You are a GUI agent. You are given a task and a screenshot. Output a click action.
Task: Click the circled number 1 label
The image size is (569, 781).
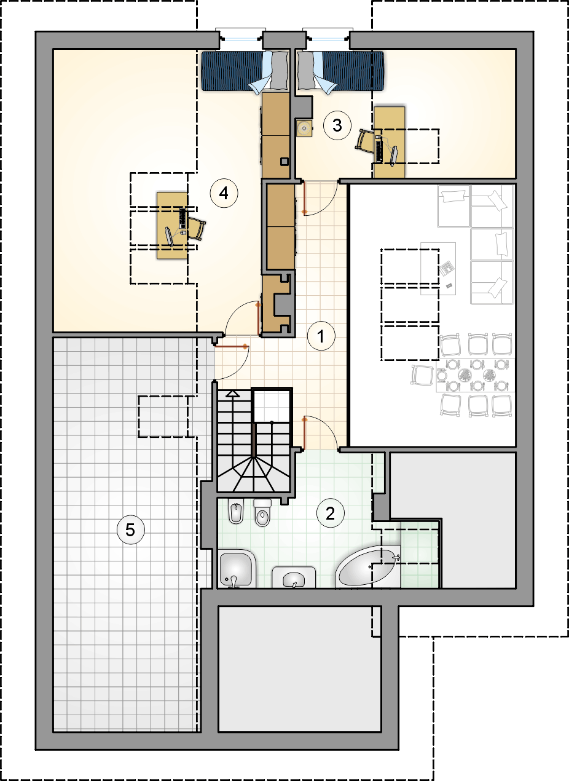(x=321, y=336)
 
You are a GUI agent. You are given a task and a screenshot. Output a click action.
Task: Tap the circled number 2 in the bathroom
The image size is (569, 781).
(x=331, y=513)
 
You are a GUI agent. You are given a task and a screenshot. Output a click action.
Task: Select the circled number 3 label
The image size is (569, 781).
(x=337, y=125)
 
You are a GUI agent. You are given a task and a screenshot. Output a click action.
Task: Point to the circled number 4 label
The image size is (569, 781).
(x=224, y=193)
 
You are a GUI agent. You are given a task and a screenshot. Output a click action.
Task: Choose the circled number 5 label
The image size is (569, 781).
(x=130, y=530)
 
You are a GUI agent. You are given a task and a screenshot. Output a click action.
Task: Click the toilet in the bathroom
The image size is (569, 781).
(x=262, y=513)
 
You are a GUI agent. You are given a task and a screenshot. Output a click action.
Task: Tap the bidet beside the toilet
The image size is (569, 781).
(x=236, y=512)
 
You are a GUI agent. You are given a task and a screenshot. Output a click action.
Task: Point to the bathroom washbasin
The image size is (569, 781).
(x=294, y=577)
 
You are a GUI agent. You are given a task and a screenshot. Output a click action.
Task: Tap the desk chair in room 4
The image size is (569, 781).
(x=197, y=228)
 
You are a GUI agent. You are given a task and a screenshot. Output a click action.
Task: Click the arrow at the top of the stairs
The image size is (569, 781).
(x=233, y=394)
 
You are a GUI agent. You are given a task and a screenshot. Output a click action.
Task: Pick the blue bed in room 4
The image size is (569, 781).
(x=246, y=71)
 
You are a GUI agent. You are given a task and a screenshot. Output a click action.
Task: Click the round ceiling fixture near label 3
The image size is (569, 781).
(x=304, y=129)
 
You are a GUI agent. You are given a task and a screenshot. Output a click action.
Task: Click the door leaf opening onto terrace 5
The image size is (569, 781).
(x=230, y=347)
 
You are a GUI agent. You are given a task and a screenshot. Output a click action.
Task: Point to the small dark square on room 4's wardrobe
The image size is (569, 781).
(x=284, y=162)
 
